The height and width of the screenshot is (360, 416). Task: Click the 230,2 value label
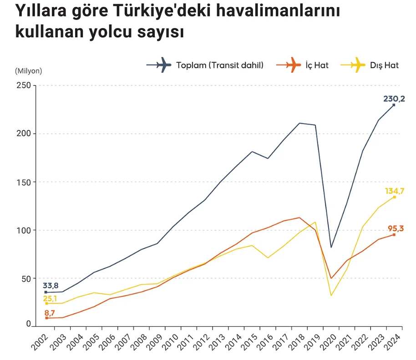[x=394, y=98]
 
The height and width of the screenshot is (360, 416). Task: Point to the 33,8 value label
[x=51, y=286]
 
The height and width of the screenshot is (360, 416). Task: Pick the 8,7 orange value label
[x=50, y=313]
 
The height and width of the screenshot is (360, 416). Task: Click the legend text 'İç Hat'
[x=318, y=65]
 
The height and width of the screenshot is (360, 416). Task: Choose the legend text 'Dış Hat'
[x=384, y=65]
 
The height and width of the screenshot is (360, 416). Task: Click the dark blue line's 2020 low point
[x=331, y=247]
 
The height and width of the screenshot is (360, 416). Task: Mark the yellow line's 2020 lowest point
[x=331, y=295]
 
